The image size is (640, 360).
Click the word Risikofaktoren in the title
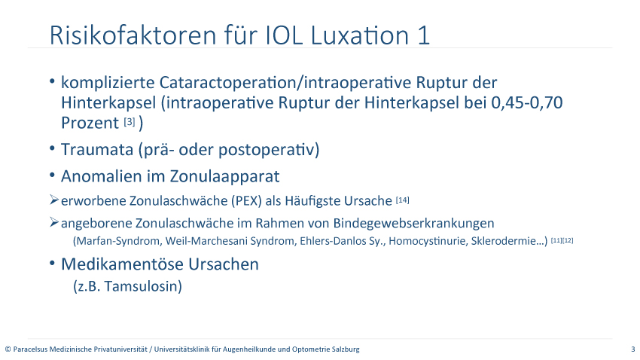(x=133, y=35)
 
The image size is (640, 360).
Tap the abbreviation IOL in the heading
(x=284, y=35)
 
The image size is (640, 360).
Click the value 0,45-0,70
(x=526, y=102)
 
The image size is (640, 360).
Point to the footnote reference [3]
(x=130, y=122)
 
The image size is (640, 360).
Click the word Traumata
(x=97, y=150)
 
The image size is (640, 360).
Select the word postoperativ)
(x=269, y=150)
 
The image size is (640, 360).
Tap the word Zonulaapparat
(x=225, y=177)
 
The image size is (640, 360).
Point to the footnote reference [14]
(x=403, y=200)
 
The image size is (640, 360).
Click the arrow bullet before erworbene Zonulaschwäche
(x=54, y=200)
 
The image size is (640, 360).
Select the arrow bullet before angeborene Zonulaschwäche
(x=54, y=222)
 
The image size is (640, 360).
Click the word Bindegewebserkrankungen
(x=413, y=224)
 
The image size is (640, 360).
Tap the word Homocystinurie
(x=428, y=241)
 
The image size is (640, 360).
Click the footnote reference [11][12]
(x=562, y=240)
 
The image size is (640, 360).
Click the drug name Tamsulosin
(x=143, y=286)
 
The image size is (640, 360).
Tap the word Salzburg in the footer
(x=346, y=349)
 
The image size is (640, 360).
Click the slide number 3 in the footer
(x=633, y=349)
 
